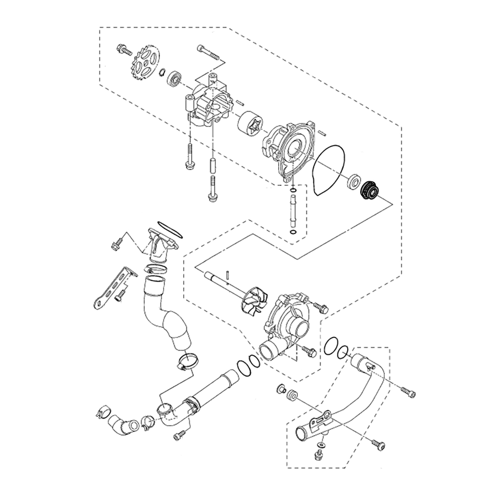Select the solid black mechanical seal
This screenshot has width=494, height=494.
(x=369, y=189)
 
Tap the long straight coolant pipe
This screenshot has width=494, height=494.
(x=212, y=390)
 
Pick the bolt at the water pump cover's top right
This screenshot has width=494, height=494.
(x=323, y=308)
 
